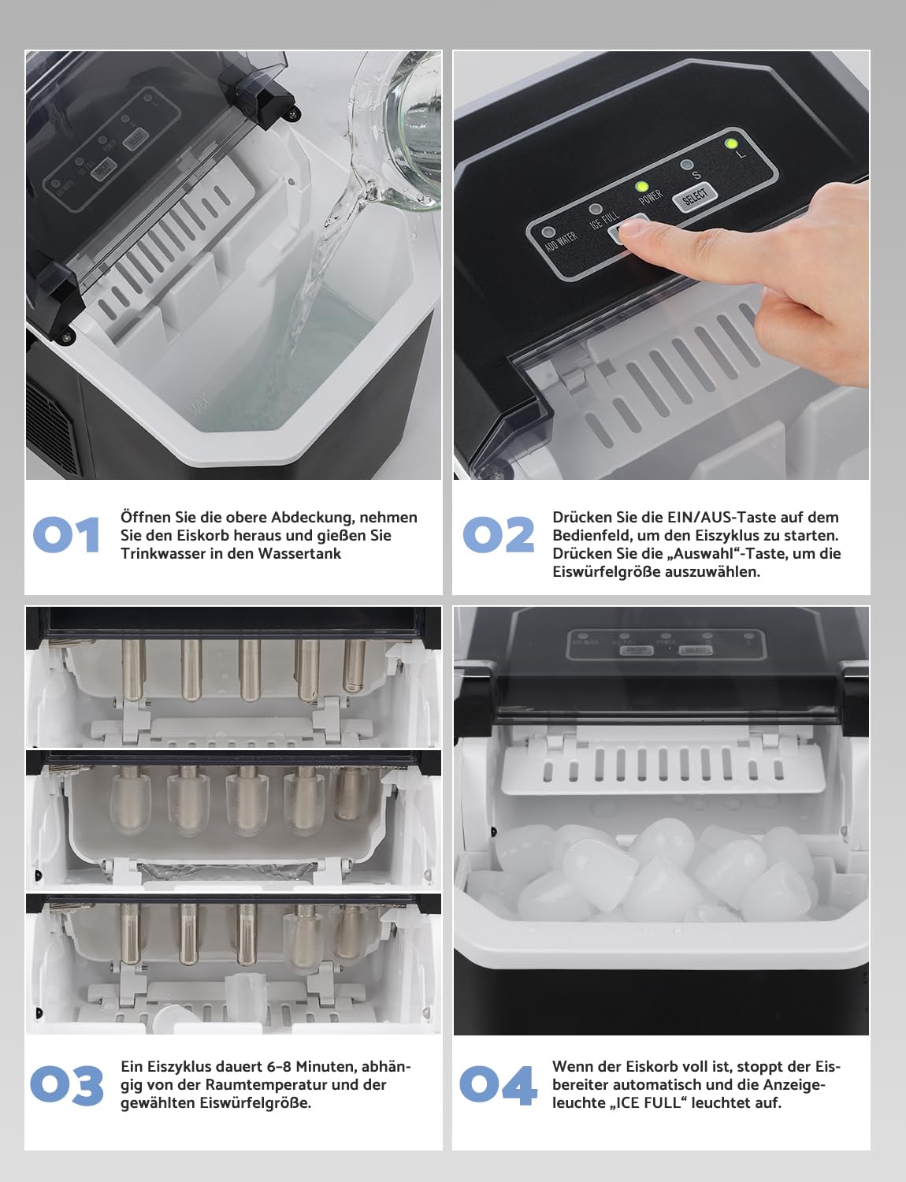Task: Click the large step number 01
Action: click(66, 535)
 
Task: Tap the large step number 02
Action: click(498, 535)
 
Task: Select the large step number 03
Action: click(67, 1085)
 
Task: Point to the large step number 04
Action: click(498, 1085)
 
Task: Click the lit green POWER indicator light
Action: click(642, 188)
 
